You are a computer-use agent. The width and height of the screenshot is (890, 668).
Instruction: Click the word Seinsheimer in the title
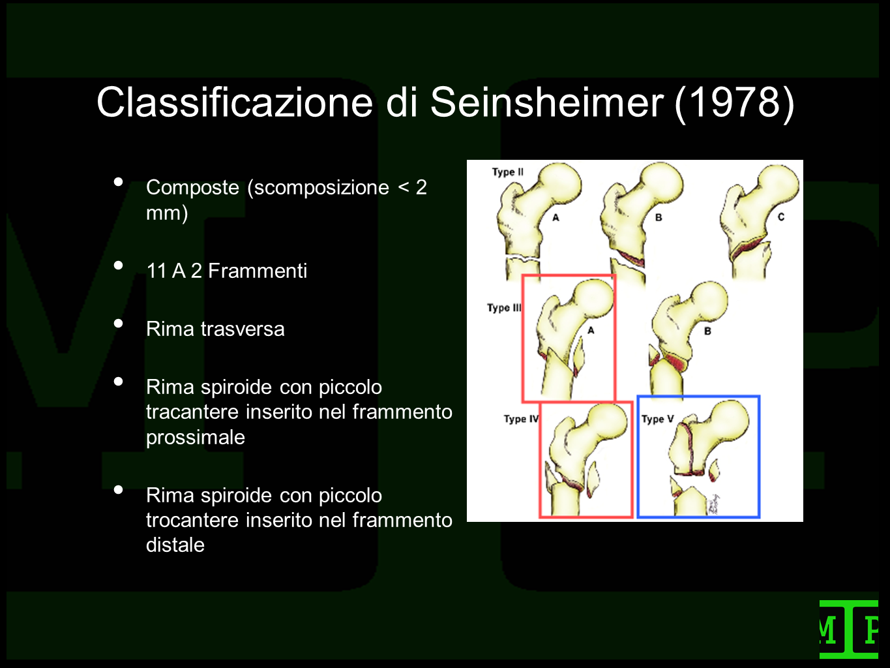[547, 102]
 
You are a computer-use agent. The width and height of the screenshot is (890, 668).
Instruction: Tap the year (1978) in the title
[735, 104]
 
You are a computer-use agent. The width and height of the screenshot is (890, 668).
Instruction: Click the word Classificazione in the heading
[235, 102]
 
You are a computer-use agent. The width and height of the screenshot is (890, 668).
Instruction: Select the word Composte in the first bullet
[192, 187]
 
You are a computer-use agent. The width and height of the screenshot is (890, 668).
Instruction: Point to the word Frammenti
[258, 271]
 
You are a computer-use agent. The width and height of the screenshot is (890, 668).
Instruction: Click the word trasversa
[243, 329]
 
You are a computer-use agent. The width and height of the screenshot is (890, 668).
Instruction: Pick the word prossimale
[196, 438]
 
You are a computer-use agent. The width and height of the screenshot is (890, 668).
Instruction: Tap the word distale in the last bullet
[175, 545]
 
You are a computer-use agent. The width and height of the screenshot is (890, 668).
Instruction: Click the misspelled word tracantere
[192, 412]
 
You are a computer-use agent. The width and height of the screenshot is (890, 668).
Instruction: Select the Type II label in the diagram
[508, 172]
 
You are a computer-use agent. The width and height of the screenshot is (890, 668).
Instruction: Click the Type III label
[504, 308]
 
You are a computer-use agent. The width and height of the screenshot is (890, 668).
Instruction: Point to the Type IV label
[521, 419]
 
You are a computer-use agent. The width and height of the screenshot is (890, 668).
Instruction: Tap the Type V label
[657, 419]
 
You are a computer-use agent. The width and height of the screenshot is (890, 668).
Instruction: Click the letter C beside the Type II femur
[781, 217]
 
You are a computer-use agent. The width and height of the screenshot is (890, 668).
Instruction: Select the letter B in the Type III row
[707, 331]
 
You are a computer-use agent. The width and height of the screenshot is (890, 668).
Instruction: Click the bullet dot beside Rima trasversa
[119, 324]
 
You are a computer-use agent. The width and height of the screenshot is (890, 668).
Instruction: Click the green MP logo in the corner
[848, 629]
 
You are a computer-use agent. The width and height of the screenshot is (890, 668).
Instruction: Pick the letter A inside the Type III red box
[591, 331]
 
